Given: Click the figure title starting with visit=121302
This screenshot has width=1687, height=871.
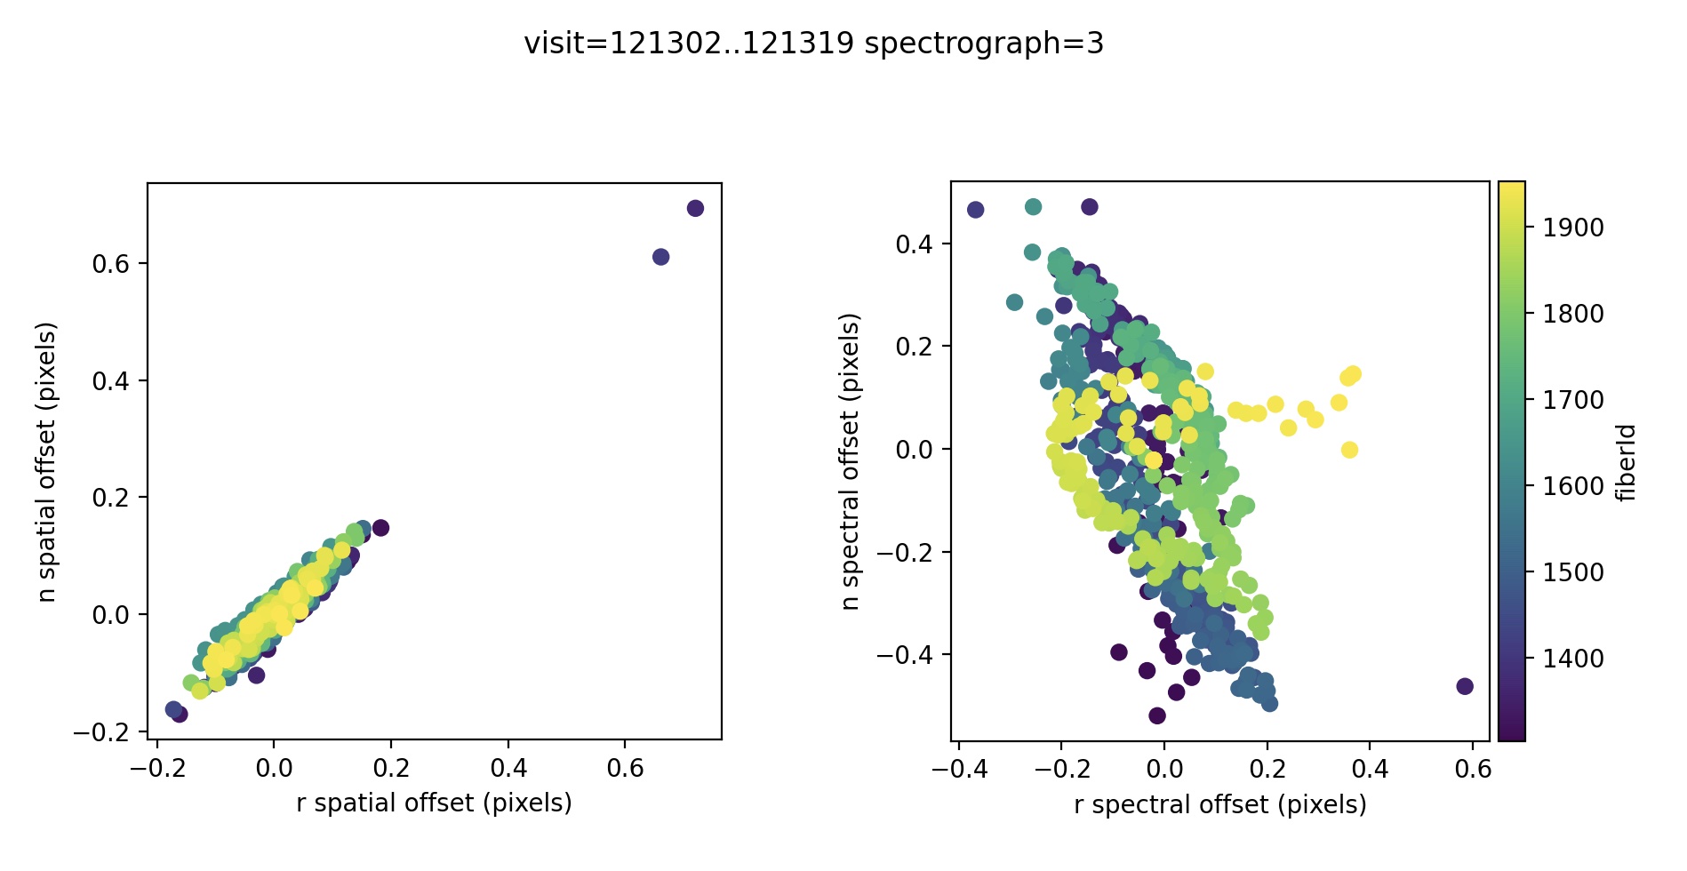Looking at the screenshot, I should [x=813, y=44].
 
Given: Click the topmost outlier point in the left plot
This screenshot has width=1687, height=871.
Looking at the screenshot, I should [x=695, y=208].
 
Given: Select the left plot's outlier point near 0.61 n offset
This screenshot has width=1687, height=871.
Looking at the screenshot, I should [x=660, y=257].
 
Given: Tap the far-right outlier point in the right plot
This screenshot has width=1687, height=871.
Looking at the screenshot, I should [x=1465, y=686].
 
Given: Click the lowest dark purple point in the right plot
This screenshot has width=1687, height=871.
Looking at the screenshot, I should [x=1156, y=715].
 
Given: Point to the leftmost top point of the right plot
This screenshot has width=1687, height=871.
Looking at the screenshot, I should [x=975, y=210].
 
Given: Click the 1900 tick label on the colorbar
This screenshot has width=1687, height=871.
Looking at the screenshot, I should [x=1573, y=228].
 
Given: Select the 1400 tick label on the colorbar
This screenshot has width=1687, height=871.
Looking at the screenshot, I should [x=1573, y=659].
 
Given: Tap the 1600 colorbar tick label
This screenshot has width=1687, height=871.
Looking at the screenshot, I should [x=1573, y=486].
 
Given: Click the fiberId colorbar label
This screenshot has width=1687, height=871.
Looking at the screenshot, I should [x=1627, y=462].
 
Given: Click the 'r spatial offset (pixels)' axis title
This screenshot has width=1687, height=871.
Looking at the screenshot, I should [x=434, y=803].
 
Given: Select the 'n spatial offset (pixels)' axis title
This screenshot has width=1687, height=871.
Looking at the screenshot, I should [x=47, y=462].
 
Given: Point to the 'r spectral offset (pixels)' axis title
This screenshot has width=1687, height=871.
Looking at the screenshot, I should [x=1219, y=805].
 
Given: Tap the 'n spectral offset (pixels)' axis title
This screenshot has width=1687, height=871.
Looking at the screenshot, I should [x=851, y=462].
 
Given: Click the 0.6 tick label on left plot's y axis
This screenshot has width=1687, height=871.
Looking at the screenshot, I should [x=110, y=264].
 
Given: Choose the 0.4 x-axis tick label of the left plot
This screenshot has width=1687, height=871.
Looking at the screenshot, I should [x=508, y=768].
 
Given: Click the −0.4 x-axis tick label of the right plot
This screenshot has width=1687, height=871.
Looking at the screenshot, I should [x=959, y=770].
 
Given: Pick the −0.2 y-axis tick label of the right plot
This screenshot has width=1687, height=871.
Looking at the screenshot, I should [x=906, y=553].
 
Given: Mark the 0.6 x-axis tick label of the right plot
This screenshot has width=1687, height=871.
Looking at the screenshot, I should [x=1473, y=770].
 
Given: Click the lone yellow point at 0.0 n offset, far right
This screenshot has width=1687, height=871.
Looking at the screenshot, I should [x=1349, y=450].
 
